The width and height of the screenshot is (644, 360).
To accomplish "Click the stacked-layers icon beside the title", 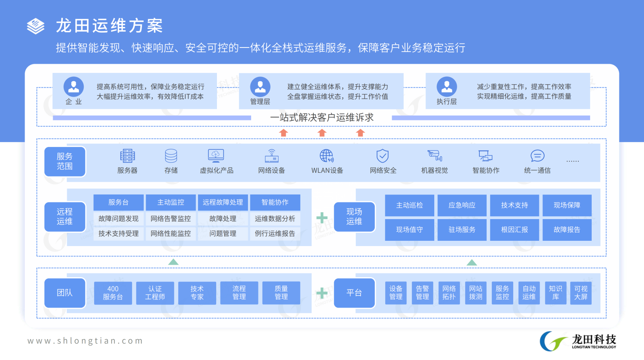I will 35,26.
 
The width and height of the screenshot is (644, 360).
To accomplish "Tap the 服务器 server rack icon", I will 127,155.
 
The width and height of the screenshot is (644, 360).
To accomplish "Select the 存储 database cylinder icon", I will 171,155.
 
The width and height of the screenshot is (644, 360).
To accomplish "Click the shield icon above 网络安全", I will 382,155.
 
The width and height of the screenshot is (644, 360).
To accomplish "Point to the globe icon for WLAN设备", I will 326,155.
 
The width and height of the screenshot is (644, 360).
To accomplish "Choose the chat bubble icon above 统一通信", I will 537,155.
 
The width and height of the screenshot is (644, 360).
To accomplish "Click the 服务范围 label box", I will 65,161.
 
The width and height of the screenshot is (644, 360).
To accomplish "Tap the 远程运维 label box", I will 65,217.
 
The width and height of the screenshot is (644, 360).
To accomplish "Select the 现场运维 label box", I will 354,217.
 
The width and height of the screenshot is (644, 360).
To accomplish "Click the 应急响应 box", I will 462,205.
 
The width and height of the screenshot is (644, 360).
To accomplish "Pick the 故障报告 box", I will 567,230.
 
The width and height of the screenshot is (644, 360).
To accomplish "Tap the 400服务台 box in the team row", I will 113,293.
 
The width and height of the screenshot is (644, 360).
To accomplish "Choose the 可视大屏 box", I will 581,293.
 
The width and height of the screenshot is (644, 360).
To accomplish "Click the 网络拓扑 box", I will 449,293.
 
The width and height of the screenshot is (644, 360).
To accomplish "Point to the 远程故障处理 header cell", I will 223,202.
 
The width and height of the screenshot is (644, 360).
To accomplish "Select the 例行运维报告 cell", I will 275,234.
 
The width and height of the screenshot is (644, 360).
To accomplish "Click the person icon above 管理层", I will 260,87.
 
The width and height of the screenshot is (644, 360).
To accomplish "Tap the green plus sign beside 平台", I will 322,293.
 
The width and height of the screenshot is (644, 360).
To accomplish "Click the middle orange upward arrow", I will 322,133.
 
